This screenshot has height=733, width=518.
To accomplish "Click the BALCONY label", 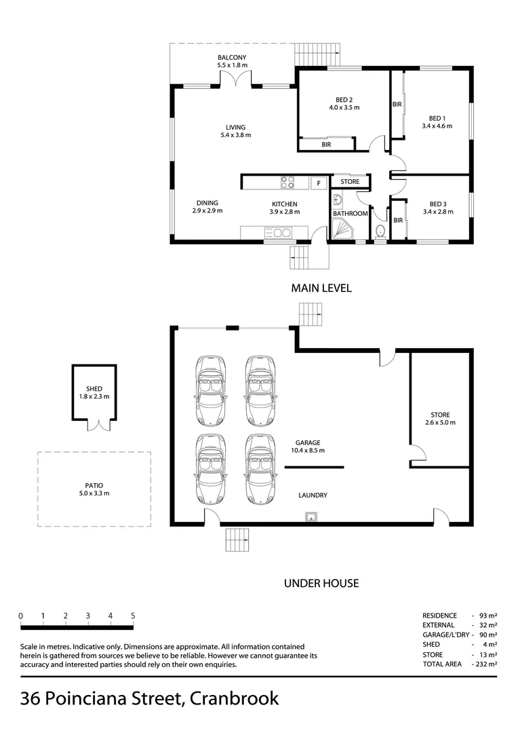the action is (x=232, y=58).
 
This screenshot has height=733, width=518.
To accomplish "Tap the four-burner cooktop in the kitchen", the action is (x=287, y=182).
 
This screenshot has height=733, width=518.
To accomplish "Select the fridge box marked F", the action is (x=319, y=183).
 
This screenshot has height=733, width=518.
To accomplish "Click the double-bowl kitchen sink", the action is (x=278, y=232).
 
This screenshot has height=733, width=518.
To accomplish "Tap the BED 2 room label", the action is (x=344, y=100).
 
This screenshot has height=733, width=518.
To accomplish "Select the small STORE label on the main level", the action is (x=350, y=181).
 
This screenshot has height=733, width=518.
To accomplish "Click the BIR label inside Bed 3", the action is (x=398, y=220).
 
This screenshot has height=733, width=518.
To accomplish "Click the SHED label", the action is (x=94, y=388).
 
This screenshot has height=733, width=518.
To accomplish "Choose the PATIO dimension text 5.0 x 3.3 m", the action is (x=94, y=493).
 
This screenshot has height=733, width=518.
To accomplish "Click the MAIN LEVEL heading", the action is (x=321, y=288).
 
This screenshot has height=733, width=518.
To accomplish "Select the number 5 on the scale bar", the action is (x=133, y=616).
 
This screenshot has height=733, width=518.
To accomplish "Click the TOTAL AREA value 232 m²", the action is (x=486, y=664).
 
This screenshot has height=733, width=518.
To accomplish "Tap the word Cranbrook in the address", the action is (x=235, y=698).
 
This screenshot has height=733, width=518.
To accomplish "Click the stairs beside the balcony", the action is (x=317, y=55).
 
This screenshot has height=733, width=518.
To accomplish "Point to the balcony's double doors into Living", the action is (x=236, y=79).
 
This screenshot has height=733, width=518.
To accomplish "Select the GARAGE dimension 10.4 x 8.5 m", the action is (x=307, y=451).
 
